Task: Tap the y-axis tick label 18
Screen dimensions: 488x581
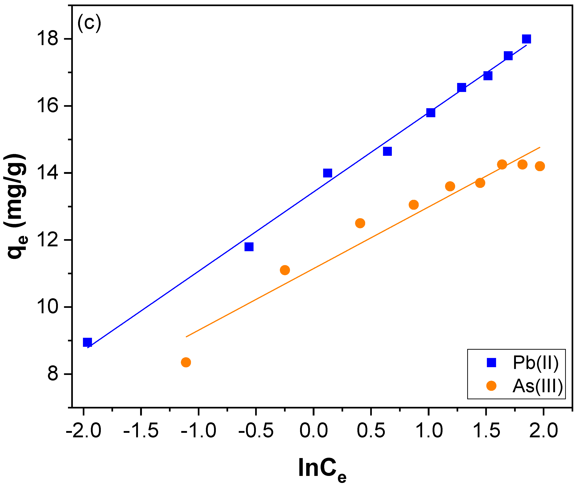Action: tap(48, 39)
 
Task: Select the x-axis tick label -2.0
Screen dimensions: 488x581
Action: tap(83, 431)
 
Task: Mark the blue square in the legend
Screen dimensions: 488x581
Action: tap(491, 362)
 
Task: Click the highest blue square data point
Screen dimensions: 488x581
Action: tap(526, 39)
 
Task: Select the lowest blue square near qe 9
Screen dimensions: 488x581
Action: tap(87, 342)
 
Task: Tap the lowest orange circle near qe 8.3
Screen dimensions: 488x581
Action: tap(186, 362)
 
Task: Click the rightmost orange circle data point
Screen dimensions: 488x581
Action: tap(540, 166)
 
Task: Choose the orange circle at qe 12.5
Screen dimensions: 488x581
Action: tap(360, 223)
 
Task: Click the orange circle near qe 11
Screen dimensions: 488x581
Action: tap(285, 270)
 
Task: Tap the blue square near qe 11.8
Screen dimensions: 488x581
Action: tap(249, 247)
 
